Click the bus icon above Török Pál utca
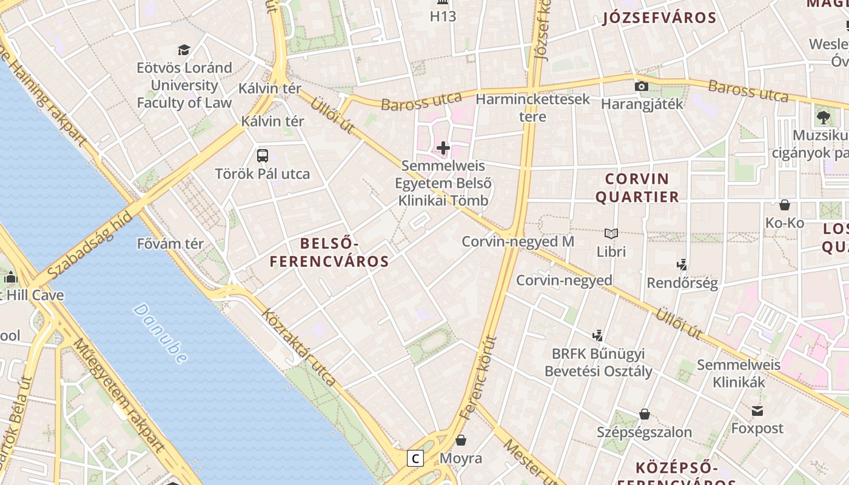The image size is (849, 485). coord(263,156)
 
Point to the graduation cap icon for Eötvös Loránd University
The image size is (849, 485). coord(184,50)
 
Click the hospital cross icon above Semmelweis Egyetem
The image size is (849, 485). coord(443,148)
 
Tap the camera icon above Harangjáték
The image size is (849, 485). coord(641,86)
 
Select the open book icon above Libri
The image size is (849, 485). coord(611,233)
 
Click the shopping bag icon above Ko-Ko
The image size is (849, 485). coord(785,205)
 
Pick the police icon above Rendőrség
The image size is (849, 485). coord(682,264)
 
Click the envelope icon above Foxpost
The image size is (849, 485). coord(757,411)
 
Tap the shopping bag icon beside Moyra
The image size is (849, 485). coord(461,440)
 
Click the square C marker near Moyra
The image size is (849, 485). coord(415,458)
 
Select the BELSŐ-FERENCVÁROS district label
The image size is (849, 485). coord(329,253)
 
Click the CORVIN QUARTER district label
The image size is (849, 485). coord(637,188)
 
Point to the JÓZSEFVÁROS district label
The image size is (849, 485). coord(660,18)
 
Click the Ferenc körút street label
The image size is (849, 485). coord(478,378)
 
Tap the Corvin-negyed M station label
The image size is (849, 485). coord(518,241)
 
